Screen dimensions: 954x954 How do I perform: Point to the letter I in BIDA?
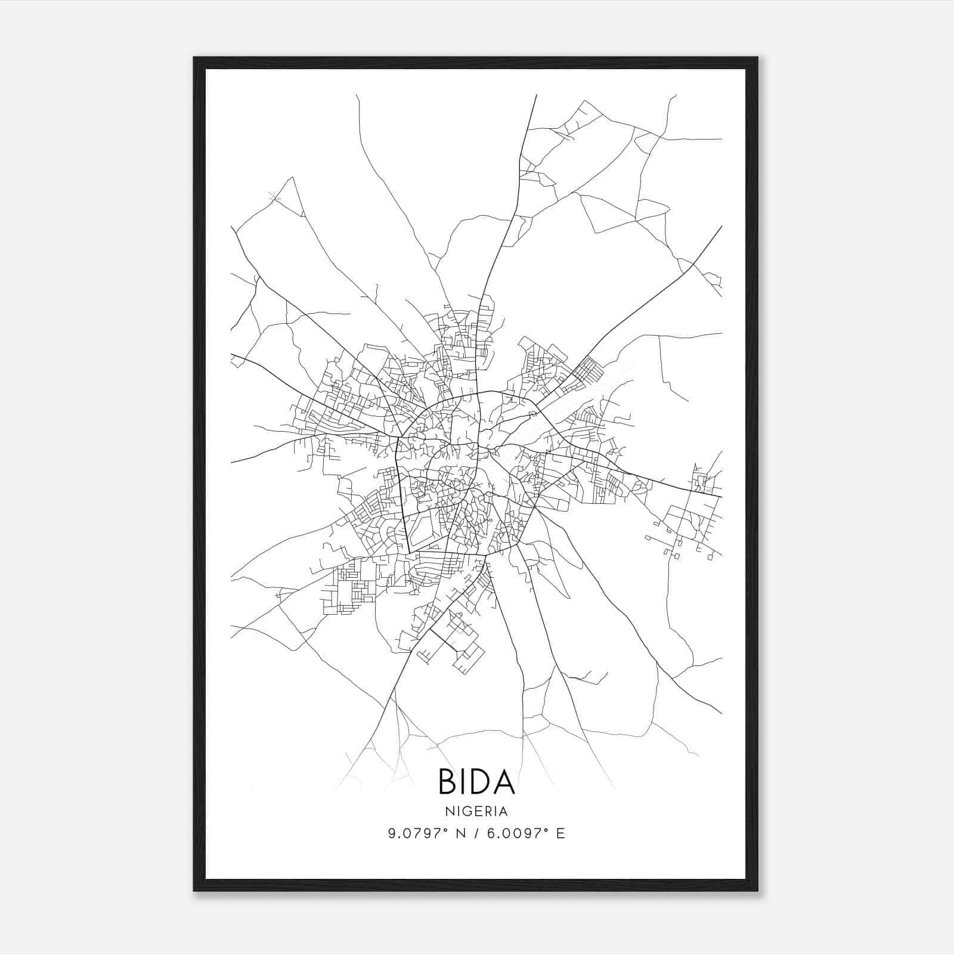[462, 782]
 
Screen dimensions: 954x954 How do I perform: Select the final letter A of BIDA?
[504, 782]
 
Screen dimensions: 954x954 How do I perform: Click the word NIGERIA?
[476, 811]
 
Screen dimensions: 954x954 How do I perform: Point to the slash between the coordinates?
[475, 834]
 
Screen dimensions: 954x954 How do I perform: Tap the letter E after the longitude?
[560, 834]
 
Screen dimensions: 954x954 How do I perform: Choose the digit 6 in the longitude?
[491, 834]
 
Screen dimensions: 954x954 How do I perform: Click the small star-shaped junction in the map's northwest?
[274, 196]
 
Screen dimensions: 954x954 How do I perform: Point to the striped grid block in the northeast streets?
[588, 367]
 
